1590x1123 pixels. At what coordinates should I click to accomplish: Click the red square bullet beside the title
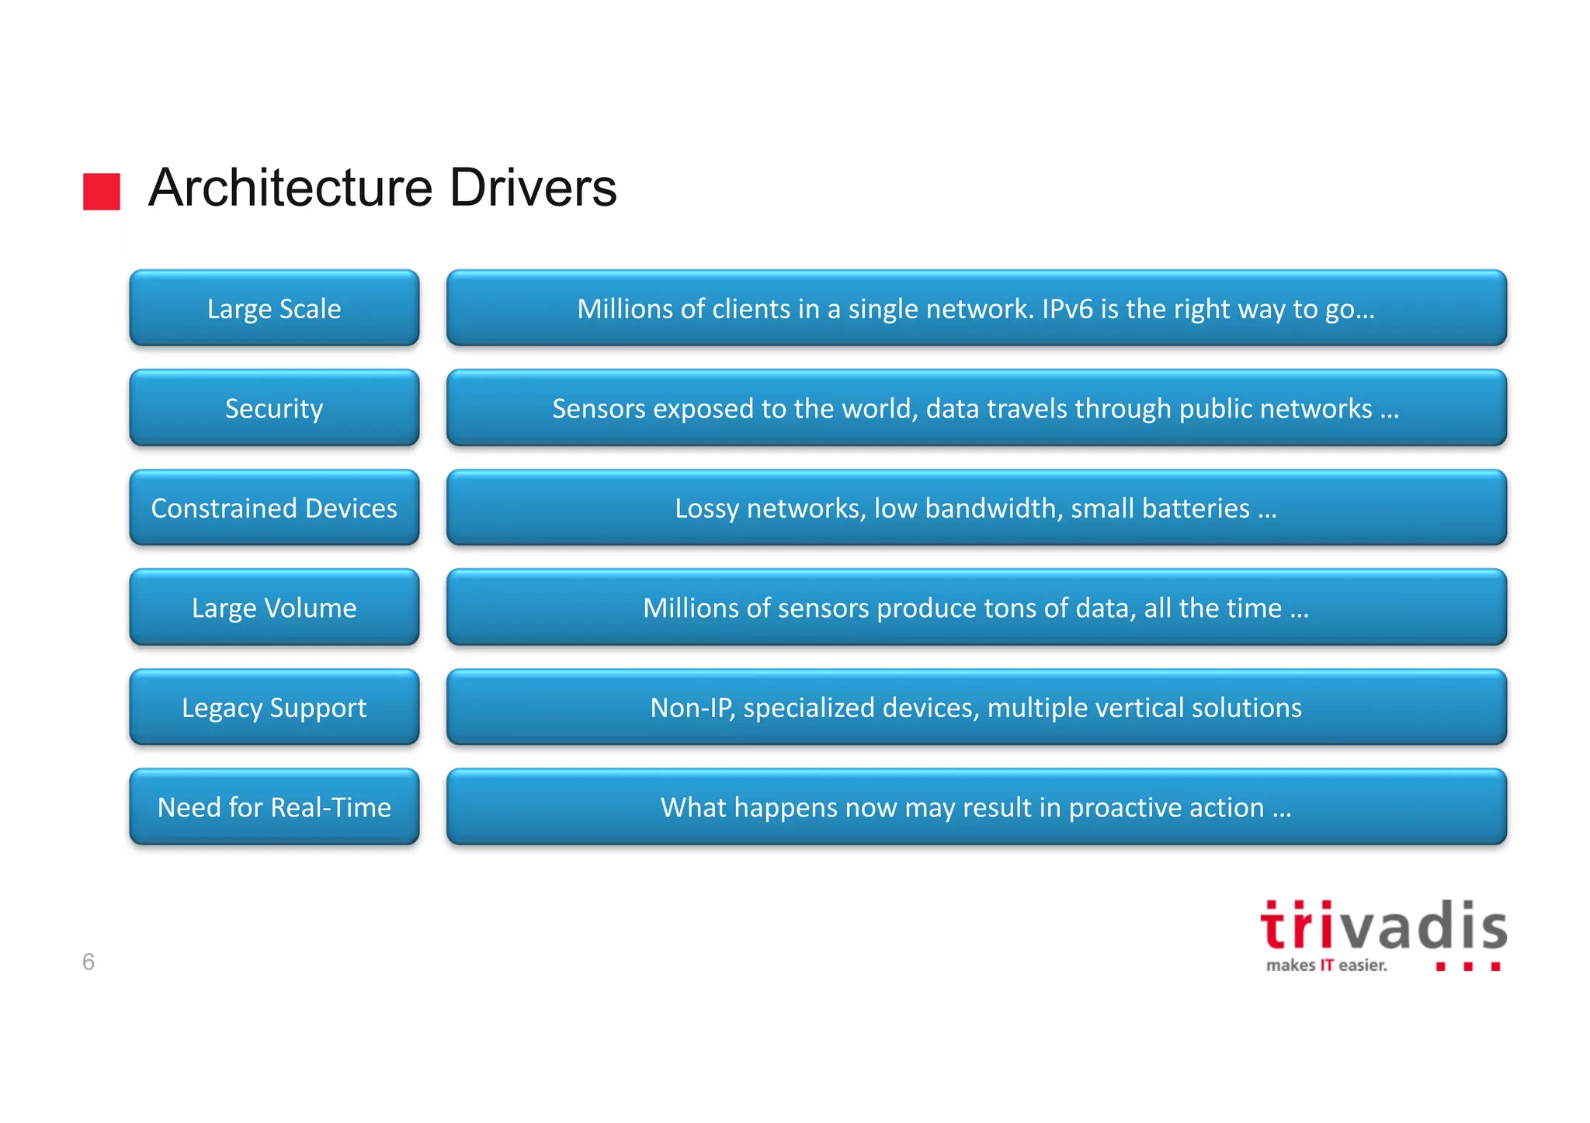coord(102,192)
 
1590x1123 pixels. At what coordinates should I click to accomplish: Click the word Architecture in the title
coord(290,188)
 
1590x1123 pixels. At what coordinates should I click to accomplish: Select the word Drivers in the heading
coord(533,188)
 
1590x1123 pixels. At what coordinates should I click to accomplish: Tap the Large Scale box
coord(274,309)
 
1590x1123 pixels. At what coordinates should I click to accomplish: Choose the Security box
coord(274,408)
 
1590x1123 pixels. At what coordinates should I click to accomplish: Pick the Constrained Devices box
coord(274,508)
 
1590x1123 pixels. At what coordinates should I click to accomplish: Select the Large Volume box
coord(274,608)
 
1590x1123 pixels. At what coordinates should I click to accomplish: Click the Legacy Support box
coord(274,708)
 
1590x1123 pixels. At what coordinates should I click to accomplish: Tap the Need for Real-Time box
coord(274,807)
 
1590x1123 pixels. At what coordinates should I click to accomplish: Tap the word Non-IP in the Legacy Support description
coord(691,708)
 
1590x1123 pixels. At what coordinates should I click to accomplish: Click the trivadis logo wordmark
coord(1383,926)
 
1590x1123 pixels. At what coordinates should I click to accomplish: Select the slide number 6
coord(89,962)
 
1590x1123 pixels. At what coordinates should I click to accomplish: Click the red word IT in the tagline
coord(1327,965)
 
